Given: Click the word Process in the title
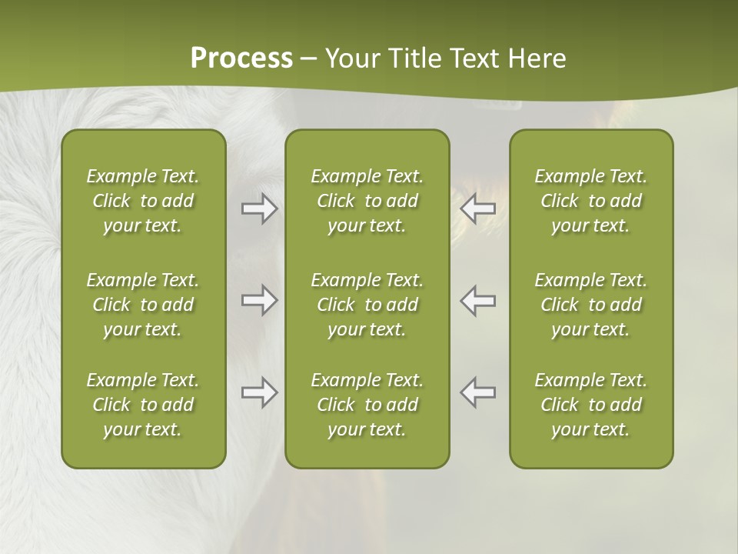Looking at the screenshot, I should tap(241, 58).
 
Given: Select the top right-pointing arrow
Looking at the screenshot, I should tap(260, 209).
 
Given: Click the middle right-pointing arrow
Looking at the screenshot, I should tap(260, 300).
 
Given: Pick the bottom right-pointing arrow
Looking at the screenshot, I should tap(260, 392).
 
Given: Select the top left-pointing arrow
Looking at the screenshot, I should tap(478, 209).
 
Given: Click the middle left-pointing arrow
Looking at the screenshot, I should tap(478, 300).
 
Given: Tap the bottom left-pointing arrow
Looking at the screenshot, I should tap(478, 392).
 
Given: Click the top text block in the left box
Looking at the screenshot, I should tap(143, 201).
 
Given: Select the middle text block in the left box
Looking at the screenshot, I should tap(143, 305).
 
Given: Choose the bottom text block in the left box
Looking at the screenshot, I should tap(143, 405).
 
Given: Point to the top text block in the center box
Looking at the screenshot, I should tap(367, 201).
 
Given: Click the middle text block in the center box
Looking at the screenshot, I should tap(367, 305).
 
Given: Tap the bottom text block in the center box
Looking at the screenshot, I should tap(367, 405).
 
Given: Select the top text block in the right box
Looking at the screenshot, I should tap(590, 201).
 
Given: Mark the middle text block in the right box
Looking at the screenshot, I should tap(590, 305).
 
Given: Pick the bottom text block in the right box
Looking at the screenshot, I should tap(590, 405).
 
